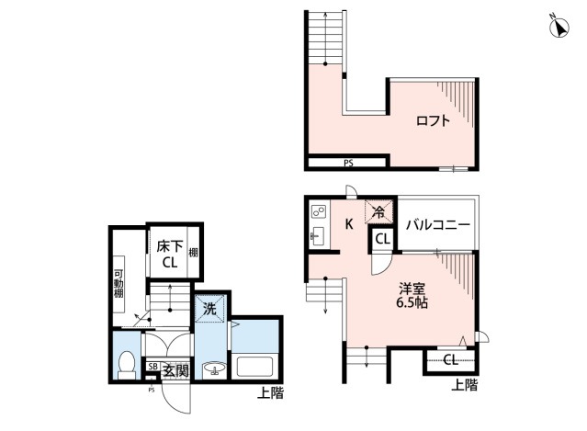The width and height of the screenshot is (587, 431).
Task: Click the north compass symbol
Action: pos(559,27)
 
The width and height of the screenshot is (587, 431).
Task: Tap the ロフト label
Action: pos(433,121)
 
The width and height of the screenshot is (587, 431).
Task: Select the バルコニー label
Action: pos(438,225)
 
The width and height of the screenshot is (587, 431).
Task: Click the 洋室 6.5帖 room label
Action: pos(412,295)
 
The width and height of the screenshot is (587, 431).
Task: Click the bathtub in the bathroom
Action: pos(254,367)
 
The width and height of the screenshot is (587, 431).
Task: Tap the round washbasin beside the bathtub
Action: pos(214,369)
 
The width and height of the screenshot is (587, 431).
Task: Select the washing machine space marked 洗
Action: pos(209,309)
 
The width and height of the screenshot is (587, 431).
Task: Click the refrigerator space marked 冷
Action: pos(378,212)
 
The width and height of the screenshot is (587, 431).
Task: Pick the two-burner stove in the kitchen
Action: pos(319,212)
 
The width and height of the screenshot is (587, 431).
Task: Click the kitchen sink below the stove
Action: pos(319,236)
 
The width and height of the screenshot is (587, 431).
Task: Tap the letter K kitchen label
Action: pos(349,224)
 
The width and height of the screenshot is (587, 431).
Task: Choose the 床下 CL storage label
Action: pos(170,255)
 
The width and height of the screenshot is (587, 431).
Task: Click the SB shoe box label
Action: pos(152,367)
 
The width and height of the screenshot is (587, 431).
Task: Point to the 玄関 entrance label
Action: pos(175,371)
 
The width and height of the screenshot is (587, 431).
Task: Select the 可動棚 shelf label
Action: pos(119,283)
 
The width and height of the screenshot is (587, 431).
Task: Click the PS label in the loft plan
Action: pos(348,164)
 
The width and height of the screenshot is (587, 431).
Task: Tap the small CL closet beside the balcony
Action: pos(382,239)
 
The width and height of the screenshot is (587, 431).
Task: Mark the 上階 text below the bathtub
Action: pos(270,393)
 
